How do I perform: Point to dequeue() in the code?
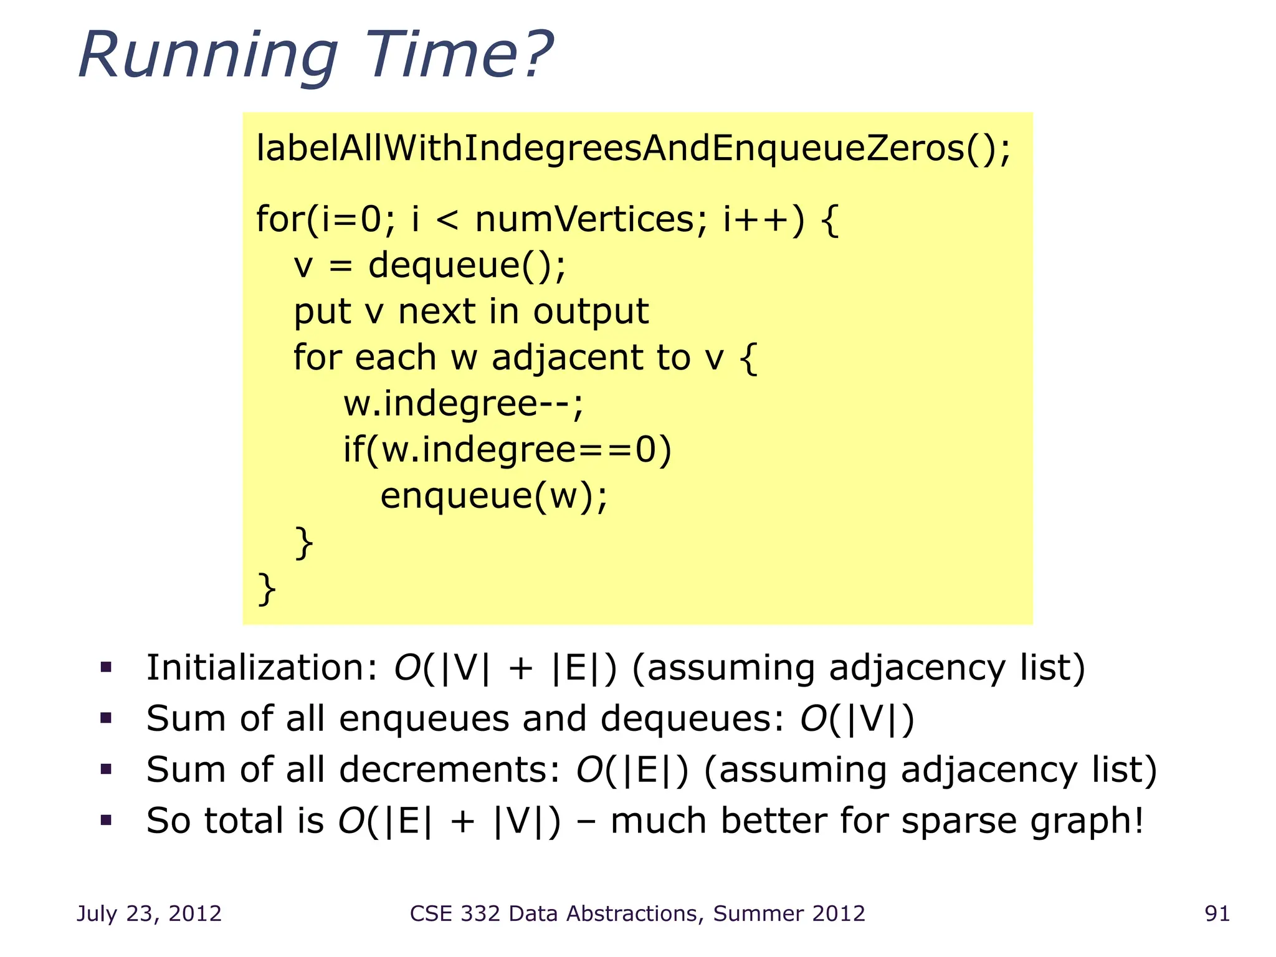point(467,265)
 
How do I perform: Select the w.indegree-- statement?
point(463,404)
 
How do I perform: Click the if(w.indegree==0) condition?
point(507,450)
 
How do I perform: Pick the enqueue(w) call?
point(493,496)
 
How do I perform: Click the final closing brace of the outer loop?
point(267,589)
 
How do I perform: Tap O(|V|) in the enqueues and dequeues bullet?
point(857,718)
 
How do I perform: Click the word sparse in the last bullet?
point(959,821)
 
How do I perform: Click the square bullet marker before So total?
point(106,821)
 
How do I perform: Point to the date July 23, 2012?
point(149,913)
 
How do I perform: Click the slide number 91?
point(1217,913)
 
